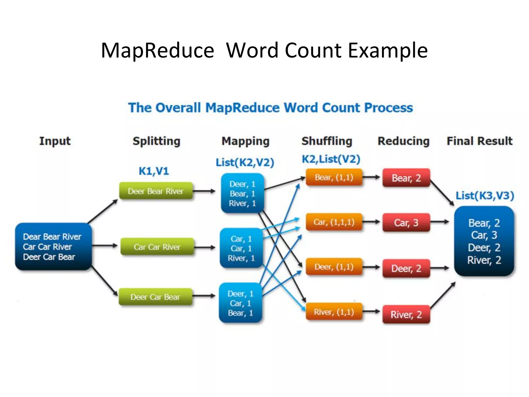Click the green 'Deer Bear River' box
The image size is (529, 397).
click(x=156, y=191)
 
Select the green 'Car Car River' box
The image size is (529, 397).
click(x=157, y=247)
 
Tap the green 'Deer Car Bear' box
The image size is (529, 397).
click(x=155, y=297)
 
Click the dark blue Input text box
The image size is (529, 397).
click(x=53, y=247)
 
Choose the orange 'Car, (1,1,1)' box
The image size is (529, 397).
click(x=334, y=222)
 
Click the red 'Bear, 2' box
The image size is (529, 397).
click(x=406, y=178)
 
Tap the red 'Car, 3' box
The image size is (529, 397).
click(x=406, y=223)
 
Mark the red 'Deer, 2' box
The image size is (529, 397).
click(x=406, y=268)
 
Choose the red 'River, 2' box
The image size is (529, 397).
click(x=406, y=314)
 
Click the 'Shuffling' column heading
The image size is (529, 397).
click(x=327, y=141)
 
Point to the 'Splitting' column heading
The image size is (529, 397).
click(x=156, y=141)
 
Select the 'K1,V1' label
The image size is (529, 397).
click(x=154, y=171)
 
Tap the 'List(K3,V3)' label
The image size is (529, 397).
click(x=485, y=196)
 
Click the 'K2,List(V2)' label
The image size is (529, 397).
click(x=331, y=159)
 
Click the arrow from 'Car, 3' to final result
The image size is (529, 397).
click(x=440, y=222)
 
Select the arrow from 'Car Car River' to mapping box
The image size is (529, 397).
click(x=204, y=247)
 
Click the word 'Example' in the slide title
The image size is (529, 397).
click(x=388, y=50)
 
